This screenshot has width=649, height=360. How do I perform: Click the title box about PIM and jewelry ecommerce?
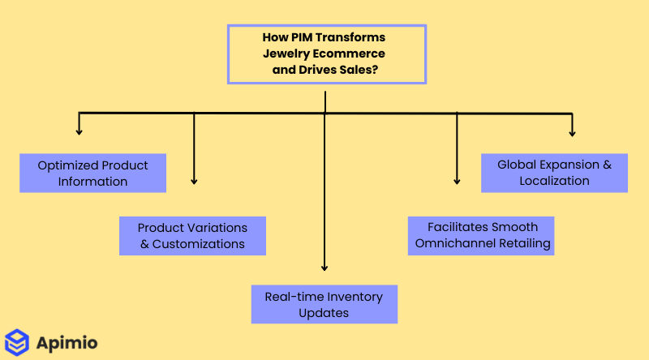pyautogui.click(x=326, y=54)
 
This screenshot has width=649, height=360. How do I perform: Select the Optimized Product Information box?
pyautogui.click(x=92, y=173)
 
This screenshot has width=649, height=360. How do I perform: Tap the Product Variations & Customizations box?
pyautogui.click(x=192, y=236)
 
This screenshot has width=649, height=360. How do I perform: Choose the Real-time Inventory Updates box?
pyautogui.click(x=324, y=304)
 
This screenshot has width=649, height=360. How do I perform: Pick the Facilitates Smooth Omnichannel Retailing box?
pyautogui.click(x=482, y=235)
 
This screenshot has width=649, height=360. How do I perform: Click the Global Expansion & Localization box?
pyautogui.click(x=554, y=173)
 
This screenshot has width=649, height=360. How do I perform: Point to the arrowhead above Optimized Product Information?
pyautogui.click(x=79, y=130)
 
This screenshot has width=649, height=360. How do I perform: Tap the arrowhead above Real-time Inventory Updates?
pyautogui.click(x=324, y=267)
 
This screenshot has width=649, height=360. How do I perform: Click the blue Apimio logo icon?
pyautogui.click(x=17, y=342)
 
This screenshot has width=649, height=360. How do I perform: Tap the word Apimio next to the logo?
pyautogui.click(x=67, y=343)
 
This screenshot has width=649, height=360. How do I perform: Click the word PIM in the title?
pyautogui.click(x=300, y=38)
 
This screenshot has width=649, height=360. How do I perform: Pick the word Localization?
pyautogui.click(x=554, y=181)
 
